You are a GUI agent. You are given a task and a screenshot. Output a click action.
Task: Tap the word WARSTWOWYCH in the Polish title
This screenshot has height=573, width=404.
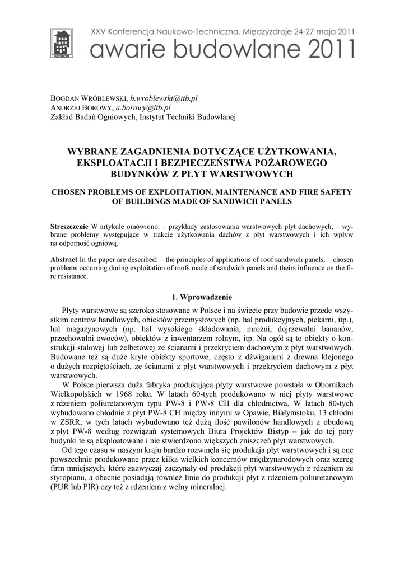tap(248, 174)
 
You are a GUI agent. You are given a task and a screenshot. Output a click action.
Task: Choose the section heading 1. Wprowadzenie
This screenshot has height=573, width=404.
tap(202, 297)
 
